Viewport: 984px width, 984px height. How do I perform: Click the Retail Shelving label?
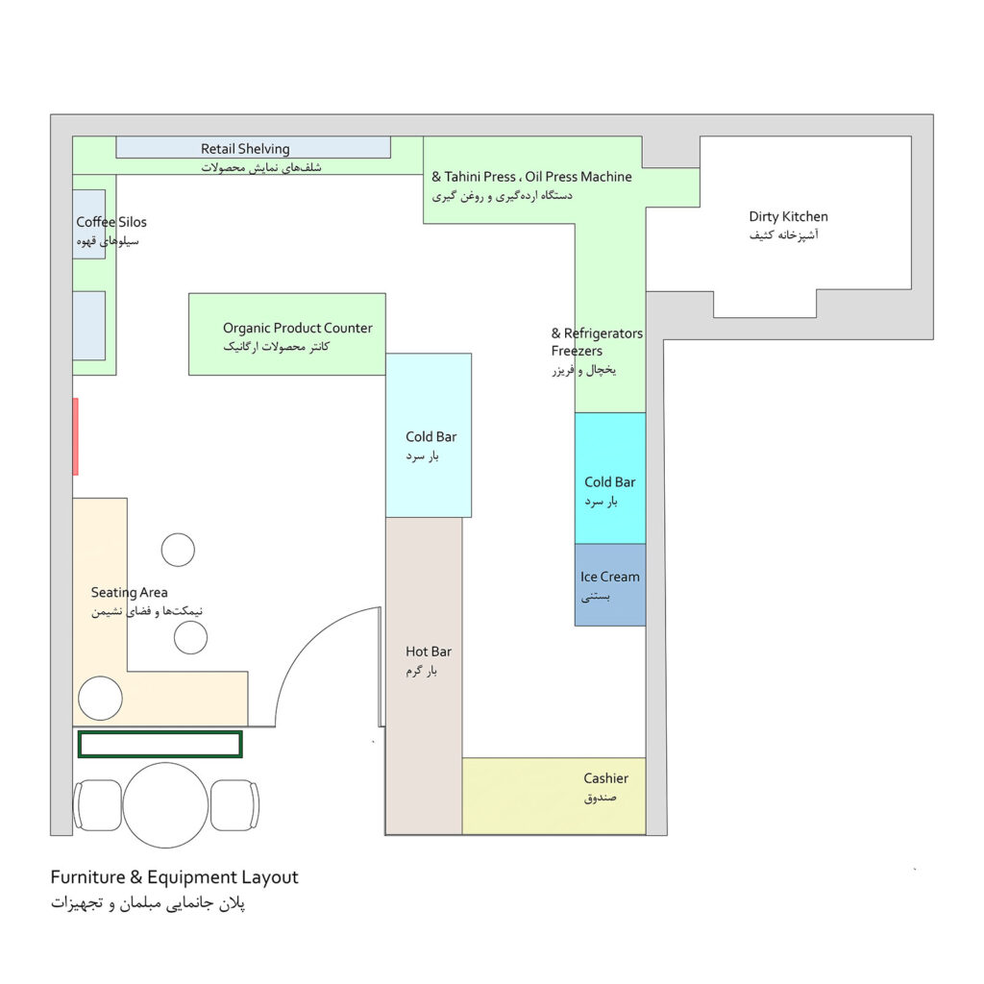click(x=245, y=149)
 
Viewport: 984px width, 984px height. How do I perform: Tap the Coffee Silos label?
click(x=111, y=222)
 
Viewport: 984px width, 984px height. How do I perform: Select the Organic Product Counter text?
click(x=298, y=328)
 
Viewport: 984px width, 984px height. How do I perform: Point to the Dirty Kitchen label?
click(x=788, y=216)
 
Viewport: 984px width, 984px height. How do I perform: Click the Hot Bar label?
click(x=429, y=652)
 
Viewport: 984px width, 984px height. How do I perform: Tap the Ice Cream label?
click(x=610, y=577)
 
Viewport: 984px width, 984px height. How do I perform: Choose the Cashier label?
click(x=605, y=778)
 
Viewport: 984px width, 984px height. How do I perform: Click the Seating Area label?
click(x=130, y=592)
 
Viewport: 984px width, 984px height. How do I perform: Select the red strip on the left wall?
click(x=75, y=437)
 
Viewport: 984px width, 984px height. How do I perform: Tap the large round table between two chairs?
click(x=165, y=805)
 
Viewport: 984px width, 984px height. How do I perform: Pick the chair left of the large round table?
click(x=97, y=805)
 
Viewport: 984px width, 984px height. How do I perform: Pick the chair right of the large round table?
click(x=234, y=805)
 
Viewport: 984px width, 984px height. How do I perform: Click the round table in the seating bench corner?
click(x=100, y=699)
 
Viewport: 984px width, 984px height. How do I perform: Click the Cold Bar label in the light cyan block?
click(x=431, y=437)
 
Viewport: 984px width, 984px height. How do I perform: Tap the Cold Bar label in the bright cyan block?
click(x=610, y=482)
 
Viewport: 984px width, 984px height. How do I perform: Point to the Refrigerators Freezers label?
click(x=597, y=342)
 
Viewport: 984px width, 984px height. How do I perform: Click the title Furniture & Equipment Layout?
click(x=175, y=877)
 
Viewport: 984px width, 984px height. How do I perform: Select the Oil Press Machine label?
click(x=578, y=177)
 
